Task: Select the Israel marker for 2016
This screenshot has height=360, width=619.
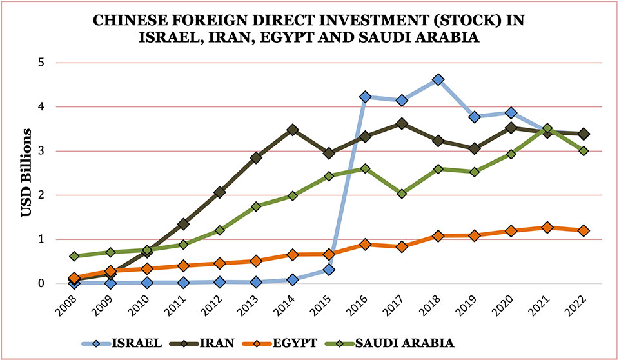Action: [366, 97]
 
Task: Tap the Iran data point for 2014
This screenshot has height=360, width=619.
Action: [293, 130]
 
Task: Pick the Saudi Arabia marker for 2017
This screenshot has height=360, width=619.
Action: [402, 193]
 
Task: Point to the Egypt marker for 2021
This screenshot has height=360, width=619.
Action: [547, 227]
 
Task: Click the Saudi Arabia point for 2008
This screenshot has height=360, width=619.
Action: [74, 256]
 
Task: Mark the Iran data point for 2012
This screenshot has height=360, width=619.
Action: [220, 192]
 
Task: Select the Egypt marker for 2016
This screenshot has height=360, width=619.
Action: [366, 244]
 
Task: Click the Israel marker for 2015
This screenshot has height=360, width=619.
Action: [329, 269]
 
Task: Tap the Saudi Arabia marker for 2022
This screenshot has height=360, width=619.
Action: [584, 151]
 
